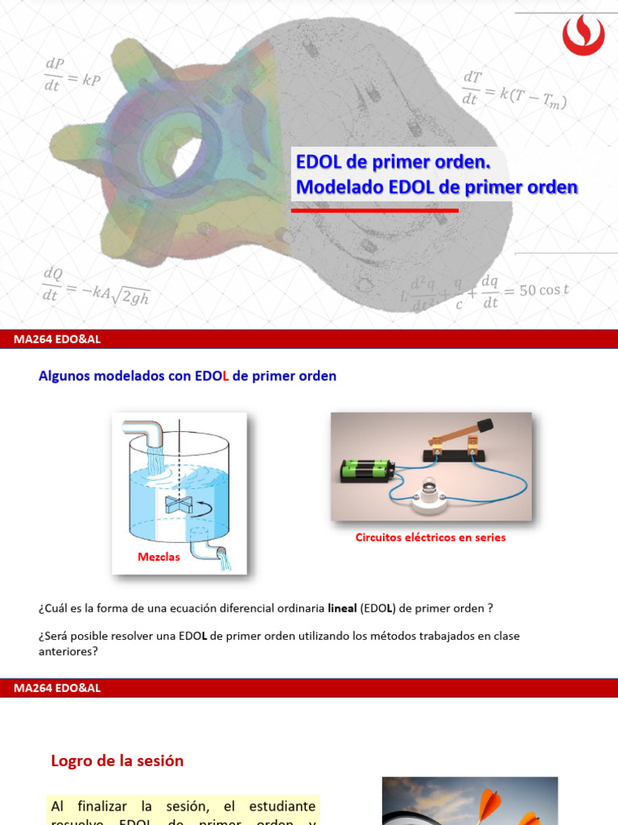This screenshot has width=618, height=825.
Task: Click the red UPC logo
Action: pos(583,35)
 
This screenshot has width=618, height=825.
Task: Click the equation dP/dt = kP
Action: pos(72,75)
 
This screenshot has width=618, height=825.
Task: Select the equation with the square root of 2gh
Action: pos(97,286)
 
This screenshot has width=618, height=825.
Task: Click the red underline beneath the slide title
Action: pos(374,209)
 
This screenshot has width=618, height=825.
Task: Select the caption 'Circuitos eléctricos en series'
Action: pos(431,537)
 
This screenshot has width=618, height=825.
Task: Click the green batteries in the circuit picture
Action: pos(367,469)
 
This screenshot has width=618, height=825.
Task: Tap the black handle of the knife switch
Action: pos(484,425)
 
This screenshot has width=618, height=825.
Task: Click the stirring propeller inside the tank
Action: pos(176,504)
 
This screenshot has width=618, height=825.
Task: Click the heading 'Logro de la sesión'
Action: pos(117,761)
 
